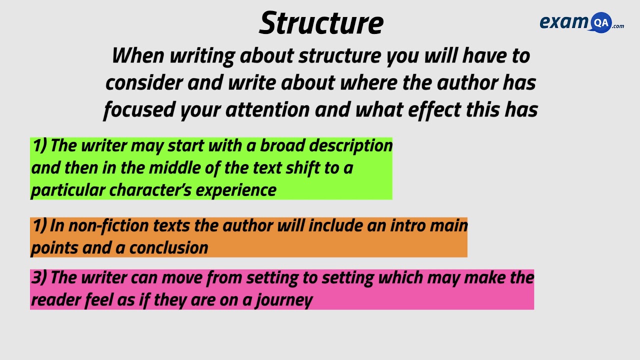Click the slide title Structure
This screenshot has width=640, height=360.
(x=321, y=23)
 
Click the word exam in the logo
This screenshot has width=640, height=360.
(x=564, y=22)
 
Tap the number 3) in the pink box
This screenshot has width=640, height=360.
(x=39, y=277)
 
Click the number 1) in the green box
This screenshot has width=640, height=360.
(x=39, y=145)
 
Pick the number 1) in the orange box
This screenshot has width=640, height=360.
(x=39, y=226)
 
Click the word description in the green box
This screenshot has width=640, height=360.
(x=351, y=145)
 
